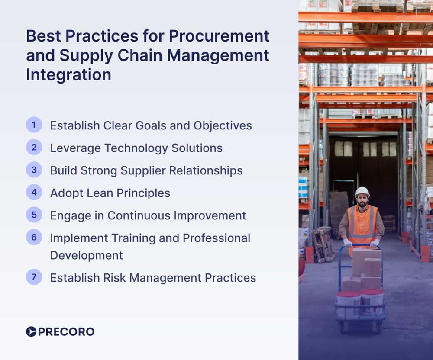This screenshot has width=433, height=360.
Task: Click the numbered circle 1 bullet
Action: click(34, 125)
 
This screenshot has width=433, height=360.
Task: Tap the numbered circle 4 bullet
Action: click(34, 193)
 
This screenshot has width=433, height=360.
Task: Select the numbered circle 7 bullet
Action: click(34, 277)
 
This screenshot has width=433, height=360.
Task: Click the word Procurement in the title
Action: click(219, 36)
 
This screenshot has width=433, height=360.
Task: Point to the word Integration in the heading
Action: click(68, 74)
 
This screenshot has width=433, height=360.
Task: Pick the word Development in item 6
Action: click(86, 255)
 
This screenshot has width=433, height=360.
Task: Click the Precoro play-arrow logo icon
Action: click(31, 331)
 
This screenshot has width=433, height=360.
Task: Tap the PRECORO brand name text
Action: click(66, 331)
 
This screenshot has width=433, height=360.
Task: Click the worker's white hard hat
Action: click(362, 192)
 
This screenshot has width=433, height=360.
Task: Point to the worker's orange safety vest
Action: click(362, 223)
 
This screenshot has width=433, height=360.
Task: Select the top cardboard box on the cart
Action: click(366, 260)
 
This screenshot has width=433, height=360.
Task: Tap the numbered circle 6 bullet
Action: click(34, 238)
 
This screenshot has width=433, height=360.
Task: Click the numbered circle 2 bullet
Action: click(34, 148)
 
